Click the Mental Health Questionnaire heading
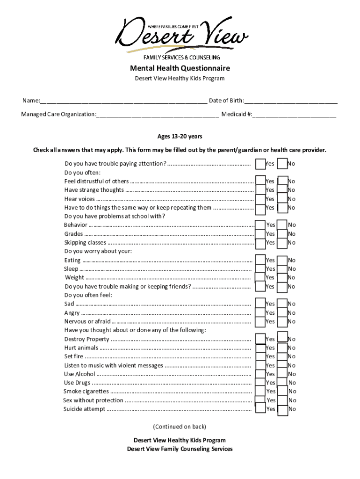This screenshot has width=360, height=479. click(180, 69)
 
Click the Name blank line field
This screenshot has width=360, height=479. click(123, 101)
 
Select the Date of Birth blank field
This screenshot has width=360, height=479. click(290, 101)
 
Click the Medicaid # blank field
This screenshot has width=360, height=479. click(295, 114)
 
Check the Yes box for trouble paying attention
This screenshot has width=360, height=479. click(260, 164)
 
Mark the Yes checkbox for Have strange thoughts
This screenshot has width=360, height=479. click(260, 190)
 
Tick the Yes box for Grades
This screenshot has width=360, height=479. click(260, 234)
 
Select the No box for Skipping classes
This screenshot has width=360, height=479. click(282, 242)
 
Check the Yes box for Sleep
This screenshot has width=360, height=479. click(260, 269)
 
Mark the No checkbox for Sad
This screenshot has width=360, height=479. click(282, 304)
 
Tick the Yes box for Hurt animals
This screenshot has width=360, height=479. click(260, 348)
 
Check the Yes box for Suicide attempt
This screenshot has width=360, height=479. click(260, 409)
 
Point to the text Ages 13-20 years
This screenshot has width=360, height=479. click(180, 137)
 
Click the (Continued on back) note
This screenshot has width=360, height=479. click(180, 427)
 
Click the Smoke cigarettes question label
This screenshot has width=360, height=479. click(86, 392)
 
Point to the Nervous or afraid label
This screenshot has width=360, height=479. click(87, 321)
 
